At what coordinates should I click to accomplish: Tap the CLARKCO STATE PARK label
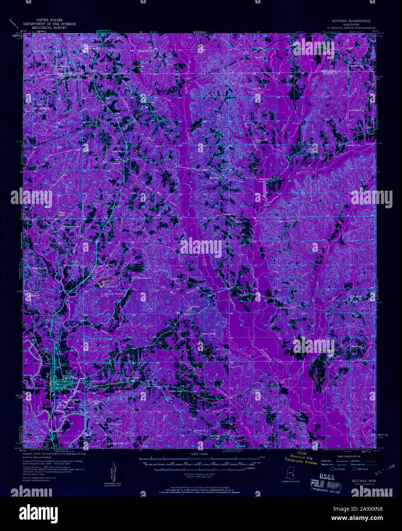pos(112,289)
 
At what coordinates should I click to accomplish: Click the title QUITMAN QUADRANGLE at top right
pos(349,22)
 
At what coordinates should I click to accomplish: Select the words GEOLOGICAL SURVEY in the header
pos(49,28)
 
